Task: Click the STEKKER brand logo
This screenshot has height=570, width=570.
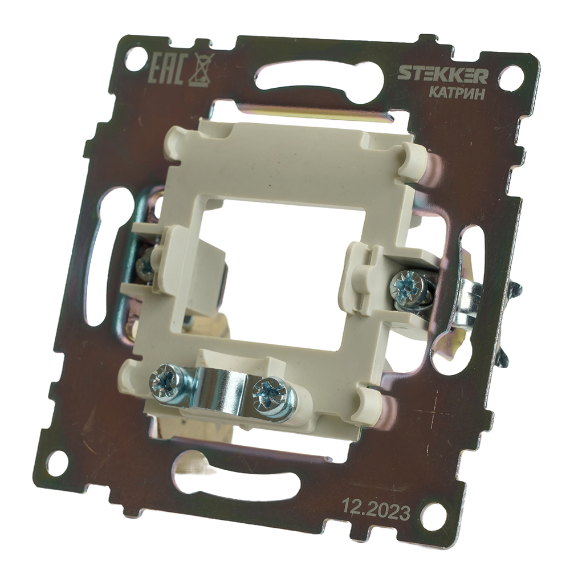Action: point(442,74)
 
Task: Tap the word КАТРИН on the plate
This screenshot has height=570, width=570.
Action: point(457,94)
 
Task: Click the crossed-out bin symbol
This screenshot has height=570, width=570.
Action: point(203,69)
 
